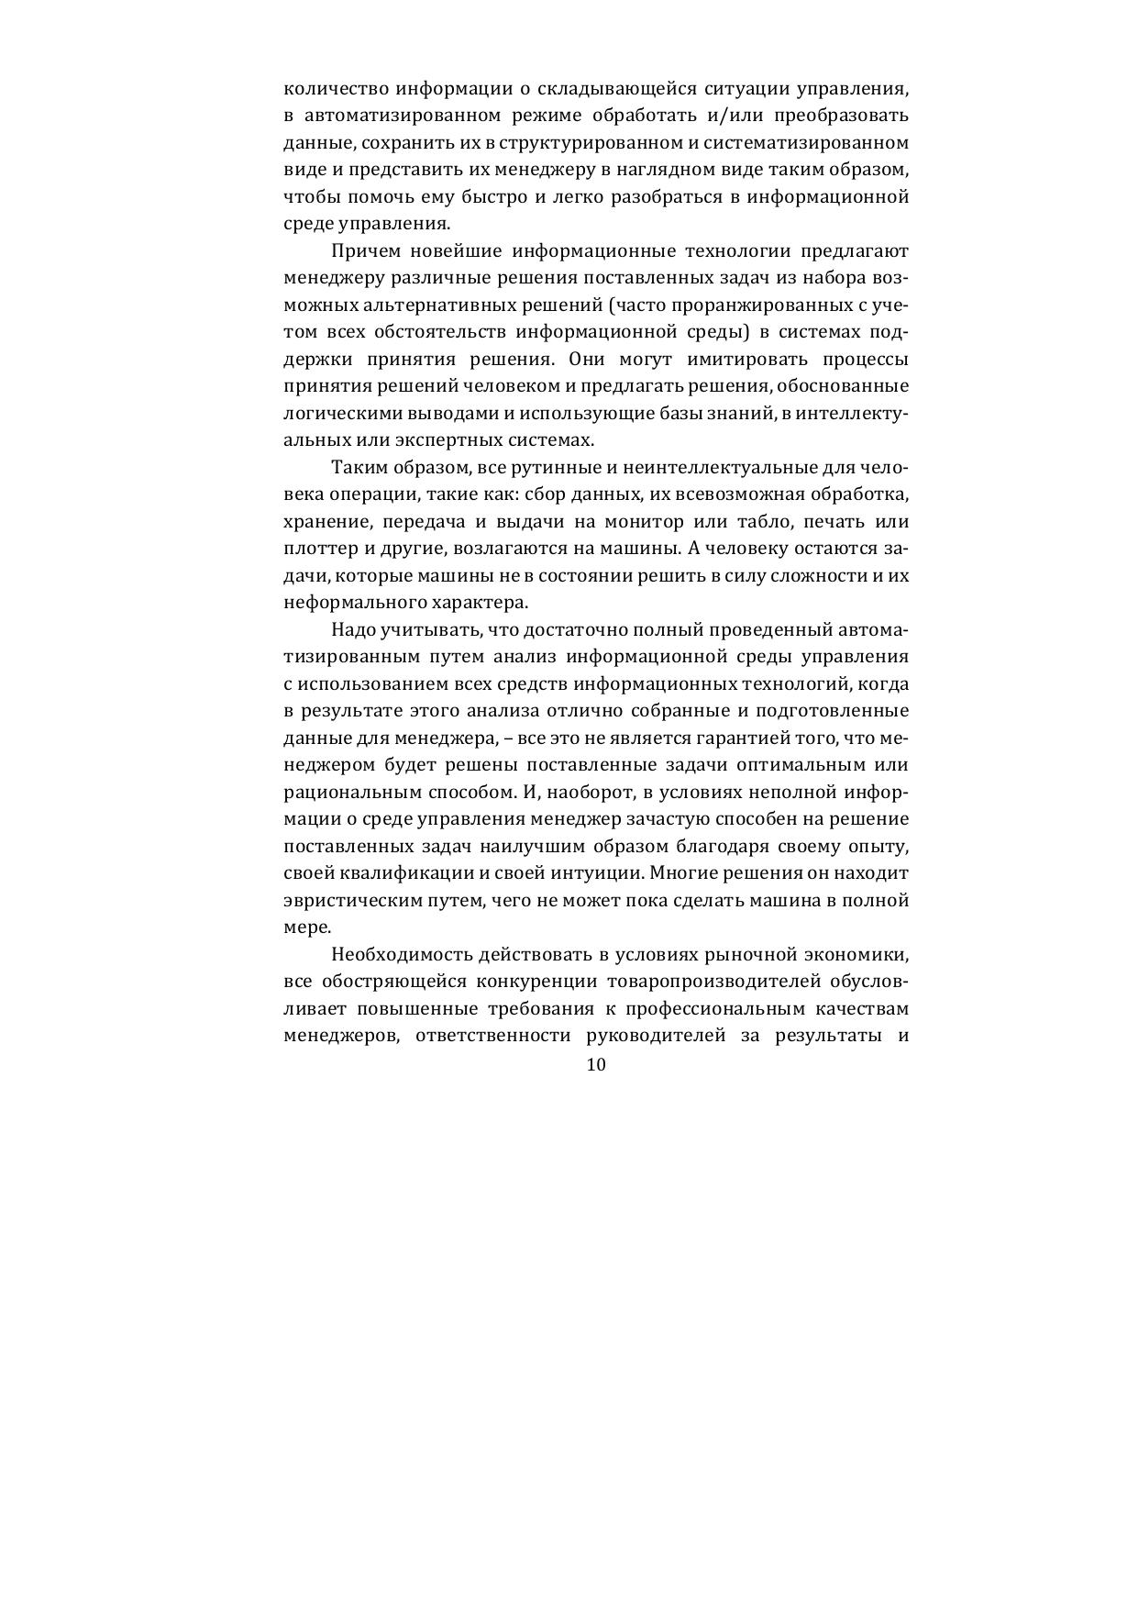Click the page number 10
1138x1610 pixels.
click(x=596, y=1065)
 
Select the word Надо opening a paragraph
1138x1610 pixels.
click(x=349, y=630)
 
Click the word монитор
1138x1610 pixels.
click(x=644, y=522)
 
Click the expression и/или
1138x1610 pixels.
click(x=735, y=117)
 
